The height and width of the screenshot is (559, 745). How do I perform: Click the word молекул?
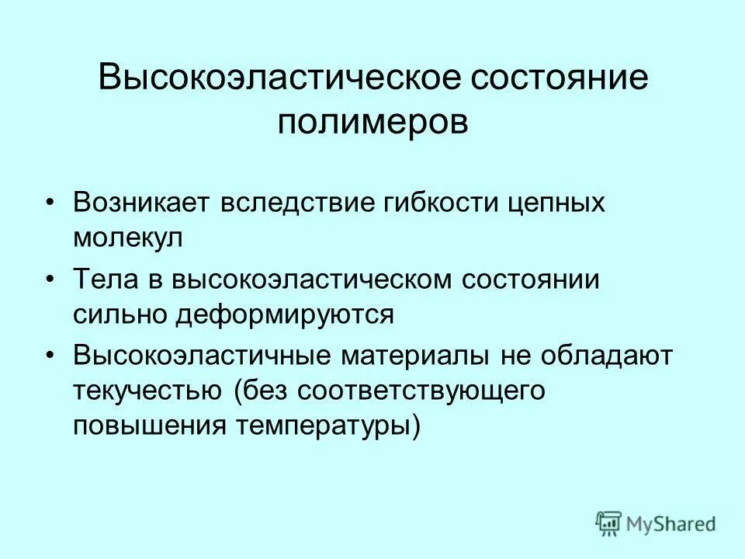pos(129,238)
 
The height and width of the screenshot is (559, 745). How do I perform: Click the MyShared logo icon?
pos(608,523)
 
